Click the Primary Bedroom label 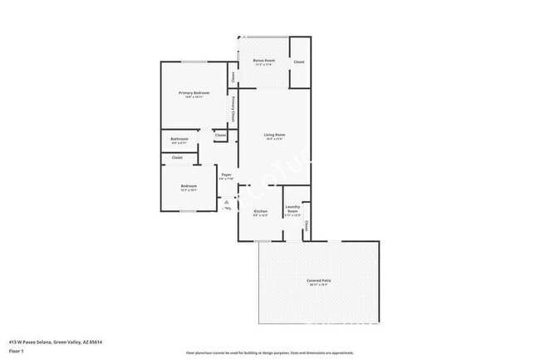pyautogui.click(x=194, y=92)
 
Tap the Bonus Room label pyautogui.click(x=264, y=61)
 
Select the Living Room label pyautogui.click(x=274, y=135)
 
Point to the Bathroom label pyautogui.click(x=179, y=138)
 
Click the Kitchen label pyautogui.click(x=260, y=211)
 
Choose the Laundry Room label pyautogui.click(x=292, y=209)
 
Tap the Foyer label pyautogui.click(x=225, y=175)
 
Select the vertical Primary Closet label pyautogui.click(x=233, y=111)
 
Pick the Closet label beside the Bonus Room pyautogui.click(x=299, y=62)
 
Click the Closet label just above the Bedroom pyautogui.click(x=177, y=157)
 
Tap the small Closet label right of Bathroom pyautogui.click(x=220, y=135)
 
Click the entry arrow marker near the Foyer pyautogui.click(x=227, y=202)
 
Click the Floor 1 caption pyautogui.click(x=17, y=351)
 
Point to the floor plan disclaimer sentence pyautogui.click(x=269, y=352)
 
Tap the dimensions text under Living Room pyautogui.click(x=274, y=140)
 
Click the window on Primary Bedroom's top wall pyautogui.click(x=194, y=62)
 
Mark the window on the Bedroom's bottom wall pyautogui.click(x=189, y=211)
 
